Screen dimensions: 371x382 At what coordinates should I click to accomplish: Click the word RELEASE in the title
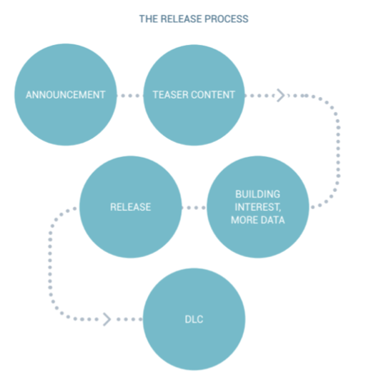(182, 19)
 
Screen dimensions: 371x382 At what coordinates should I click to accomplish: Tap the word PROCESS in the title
(227, 19)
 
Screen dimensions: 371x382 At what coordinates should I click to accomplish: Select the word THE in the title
(149, 19)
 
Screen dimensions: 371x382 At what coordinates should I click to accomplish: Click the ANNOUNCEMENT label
(65, 95)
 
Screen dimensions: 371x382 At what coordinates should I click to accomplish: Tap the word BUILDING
(257, 194)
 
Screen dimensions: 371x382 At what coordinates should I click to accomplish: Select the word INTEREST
(257, 207)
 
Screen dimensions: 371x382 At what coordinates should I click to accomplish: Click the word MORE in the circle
(244, 220)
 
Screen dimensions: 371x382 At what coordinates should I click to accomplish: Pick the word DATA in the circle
(272, 220)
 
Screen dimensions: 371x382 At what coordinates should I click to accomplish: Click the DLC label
(194, 319)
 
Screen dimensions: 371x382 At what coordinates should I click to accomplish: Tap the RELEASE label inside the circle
(131, 207)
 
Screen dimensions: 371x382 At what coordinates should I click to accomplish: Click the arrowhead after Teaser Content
(280, 95)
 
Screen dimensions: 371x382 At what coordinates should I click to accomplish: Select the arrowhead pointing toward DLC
(107, 319)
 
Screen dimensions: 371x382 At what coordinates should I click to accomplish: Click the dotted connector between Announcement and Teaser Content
(130, 96)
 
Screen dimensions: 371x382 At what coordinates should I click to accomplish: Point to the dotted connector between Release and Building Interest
(194, 208)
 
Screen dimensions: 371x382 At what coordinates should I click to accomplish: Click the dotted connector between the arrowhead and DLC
(129, 319)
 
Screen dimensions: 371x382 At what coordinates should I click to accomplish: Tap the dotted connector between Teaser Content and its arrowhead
(259, 96)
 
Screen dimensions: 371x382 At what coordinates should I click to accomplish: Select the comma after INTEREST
(280, 210)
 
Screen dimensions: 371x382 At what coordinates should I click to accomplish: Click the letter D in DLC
(188, 319)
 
